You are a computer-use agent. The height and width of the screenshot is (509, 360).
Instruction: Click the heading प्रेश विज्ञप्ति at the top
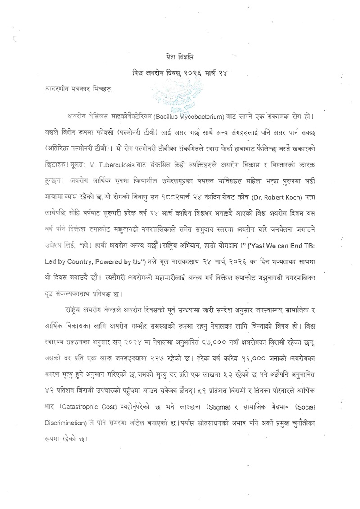pos(180,58)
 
